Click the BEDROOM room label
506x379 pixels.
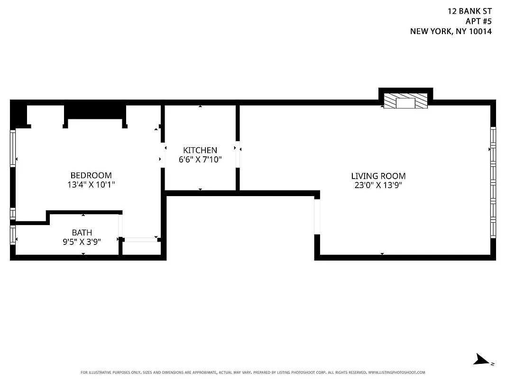91,175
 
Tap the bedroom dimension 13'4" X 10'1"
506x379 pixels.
91,184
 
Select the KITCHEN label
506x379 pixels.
200,150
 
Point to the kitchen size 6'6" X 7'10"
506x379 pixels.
200,160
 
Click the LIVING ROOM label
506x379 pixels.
378,176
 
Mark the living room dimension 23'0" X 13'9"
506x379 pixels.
378,185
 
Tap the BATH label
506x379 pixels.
82,233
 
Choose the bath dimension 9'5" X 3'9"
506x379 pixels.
82,241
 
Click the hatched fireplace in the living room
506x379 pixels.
405,101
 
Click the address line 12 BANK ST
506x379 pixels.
470,10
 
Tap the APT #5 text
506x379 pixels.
478,21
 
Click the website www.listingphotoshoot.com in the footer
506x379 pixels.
396,372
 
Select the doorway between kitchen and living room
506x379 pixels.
238,154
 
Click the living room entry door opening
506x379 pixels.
317,217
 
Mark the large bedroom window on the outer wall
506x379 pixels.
13,148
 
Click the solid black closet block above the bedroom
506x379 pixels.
95,112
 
